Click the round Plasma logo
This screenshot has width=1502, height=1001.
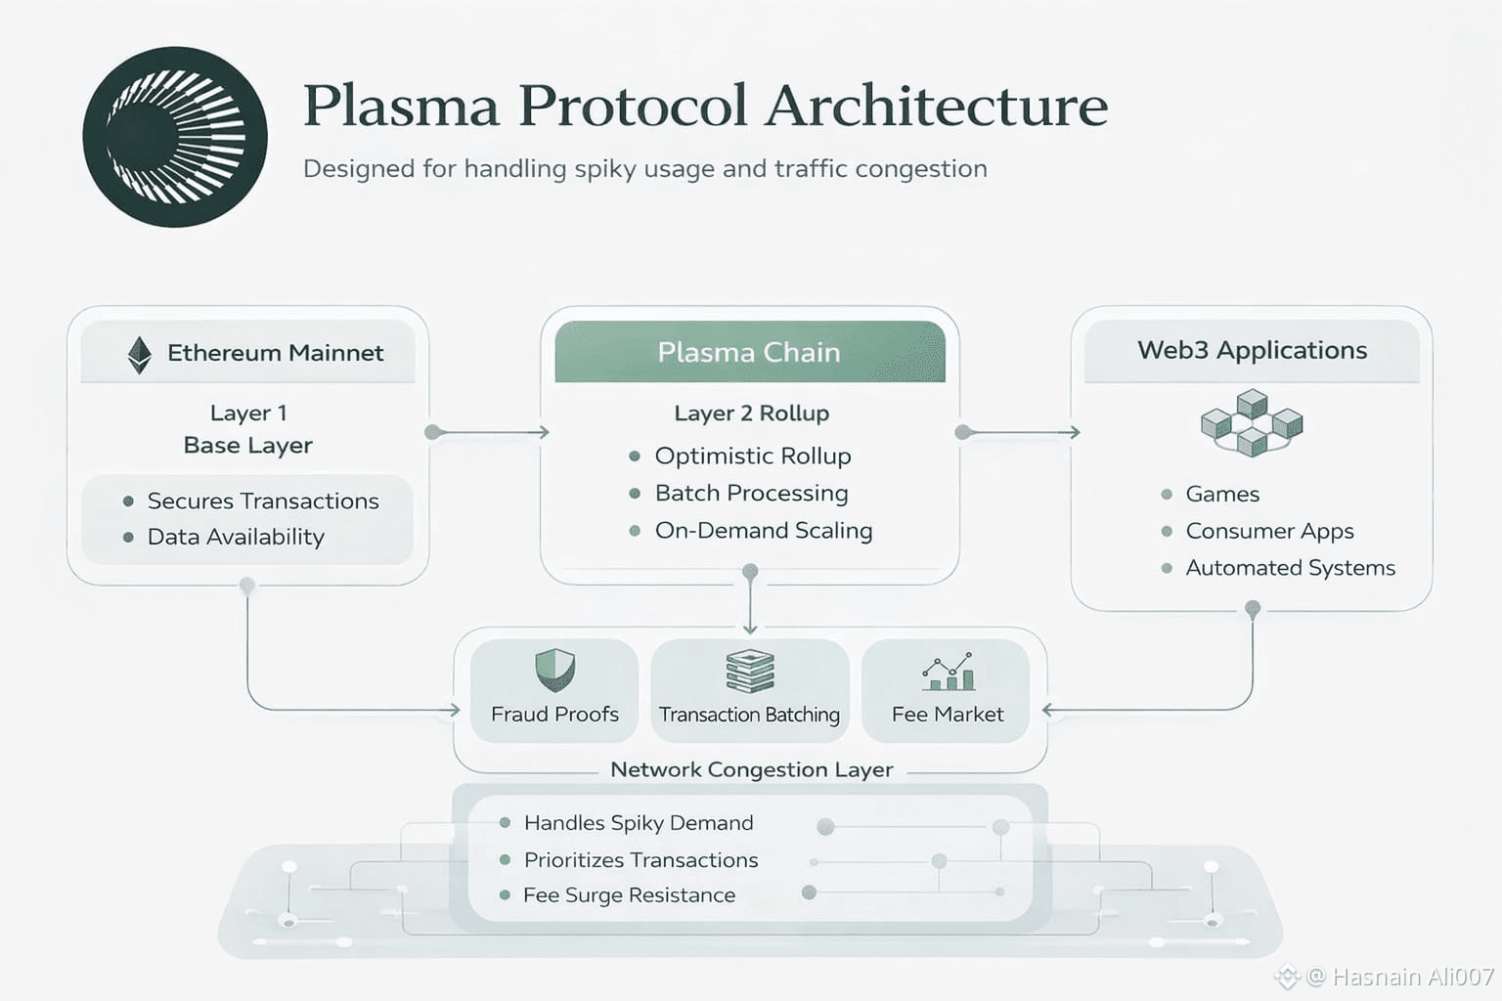pyautogui.click(x=175, y=137)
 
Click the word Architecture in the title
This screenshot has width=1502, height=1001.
pyautogui.click(x=937, y=106)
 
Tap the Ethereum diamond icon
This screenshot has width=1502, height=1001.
pyautogui.click(x=140, y=355)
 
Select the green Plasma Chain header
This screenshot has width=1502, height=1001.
pyautogui.click(x=749, y=352)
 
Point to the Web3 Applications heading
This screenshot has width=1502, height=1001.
pyautogui.click(x=1252, y=351)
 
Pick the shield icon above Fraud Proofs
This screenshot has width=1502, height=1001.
pyautogui.click(x=554, y=671)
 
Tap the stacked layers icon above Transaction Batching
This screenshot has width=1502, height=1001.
pyautogui.click(x=750, y=672)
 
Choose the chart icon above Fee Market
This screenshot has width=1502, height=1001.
pyautogui.click(x=948, y=673)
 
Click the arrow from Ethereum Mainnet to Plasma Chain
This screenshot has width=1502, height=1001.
pyautogui.click(x=489, y=432)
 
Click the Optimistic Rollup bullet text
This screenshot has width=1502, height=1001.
pyautogui.click(x=753, y=457)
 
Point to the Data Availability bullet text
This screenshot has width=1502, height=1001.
pyautogui.click(x=236, y=537)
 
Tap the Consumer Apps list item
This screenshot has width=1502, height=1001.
pyautogui.click(x=1269, y=531)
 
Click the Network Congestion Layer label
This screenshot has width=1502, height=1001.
pyautogui.click(x=751, y=769)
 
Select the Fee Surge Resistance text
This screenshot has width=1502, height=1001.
pyautogui.click(x=629, y=895)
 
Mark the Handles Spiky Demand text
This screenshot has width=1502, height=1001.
pyautogui.click(x=639, y=823)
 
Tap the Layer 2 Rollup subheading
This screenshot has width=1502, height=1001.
pyautogui.click(x=751, y=413)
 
